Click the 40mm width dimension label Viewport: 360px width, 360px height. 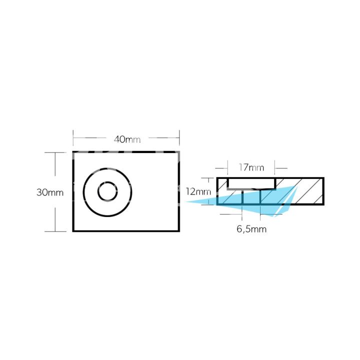[126, 138]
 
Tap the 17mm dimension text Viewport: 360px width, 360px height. [250, 168]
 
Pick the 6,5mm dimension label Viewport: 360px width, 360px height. [251, 229]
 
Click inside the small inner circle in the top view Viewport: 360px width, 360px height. [107, 191]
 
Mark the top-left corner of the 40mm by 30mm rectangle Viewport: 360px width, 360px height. [73, 152]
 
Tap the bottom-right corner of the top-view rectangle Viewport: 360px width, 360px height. [179, 231]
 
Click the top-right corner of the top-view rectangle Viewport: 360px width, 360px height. [179, 152]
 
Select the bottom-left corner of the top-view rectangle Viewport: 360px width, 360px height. [73, 231]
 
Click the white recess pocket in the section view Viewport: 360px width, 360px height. [251, 183]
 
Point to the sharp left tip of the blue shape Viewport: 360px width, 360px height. [186, 202]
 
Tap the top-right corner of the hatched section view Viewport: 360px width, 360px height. [323, 178]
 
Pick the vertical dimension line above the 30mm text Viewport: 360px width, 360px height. [54, 167]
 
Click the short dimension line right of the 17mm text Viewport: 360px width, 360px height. [281, 168]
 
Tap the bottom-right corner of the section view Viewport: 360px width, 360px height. [323, 204]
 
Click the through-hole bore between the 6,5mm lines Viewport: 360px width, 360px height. [251, 197]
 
